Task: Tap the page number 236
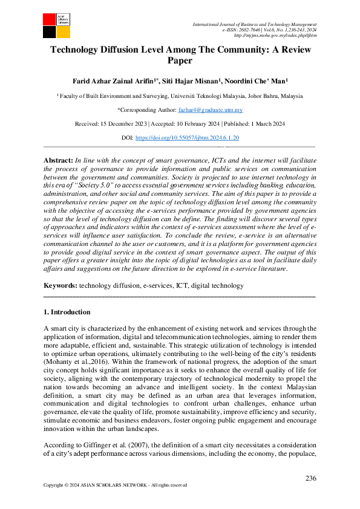pyautogui.click(x=310, y=478)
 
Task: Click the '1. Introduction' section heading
pyautogui.click(x=67, y=312)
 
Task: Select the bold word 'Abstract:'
pyautogui.click(x=58, y=159)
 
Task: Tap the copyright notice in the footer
pyautogui.click(x=115, y=485)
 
